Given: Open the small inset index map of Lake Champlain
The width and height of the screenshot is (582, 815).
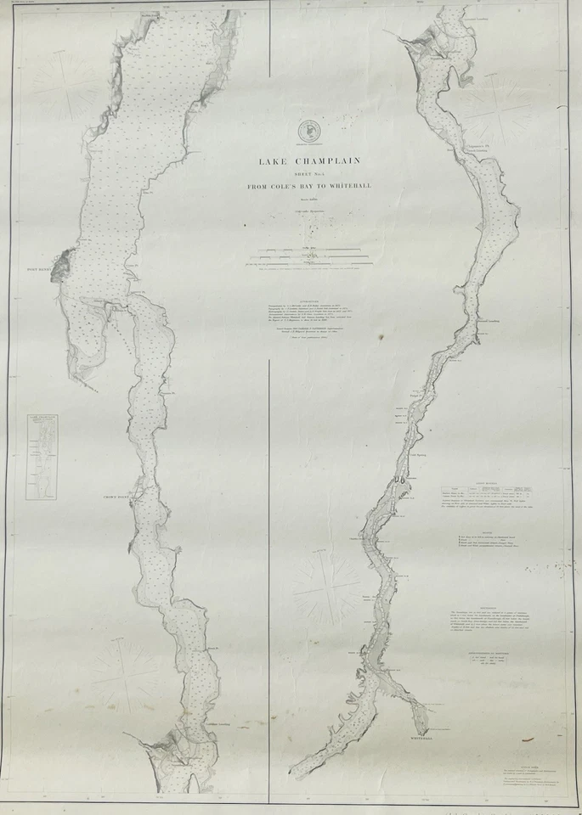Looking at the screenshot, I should (x=41, y=456).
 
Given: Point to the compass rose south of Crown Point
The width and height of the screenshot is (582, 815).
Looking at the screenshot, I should (x=127, y=676).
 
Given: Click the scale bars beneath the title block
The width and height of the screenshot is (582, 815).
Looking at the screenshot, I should (x=309, y=254).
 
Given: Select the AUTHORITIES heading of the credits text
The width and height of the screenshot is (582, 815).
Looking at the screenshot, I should (x=309, y=300).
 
